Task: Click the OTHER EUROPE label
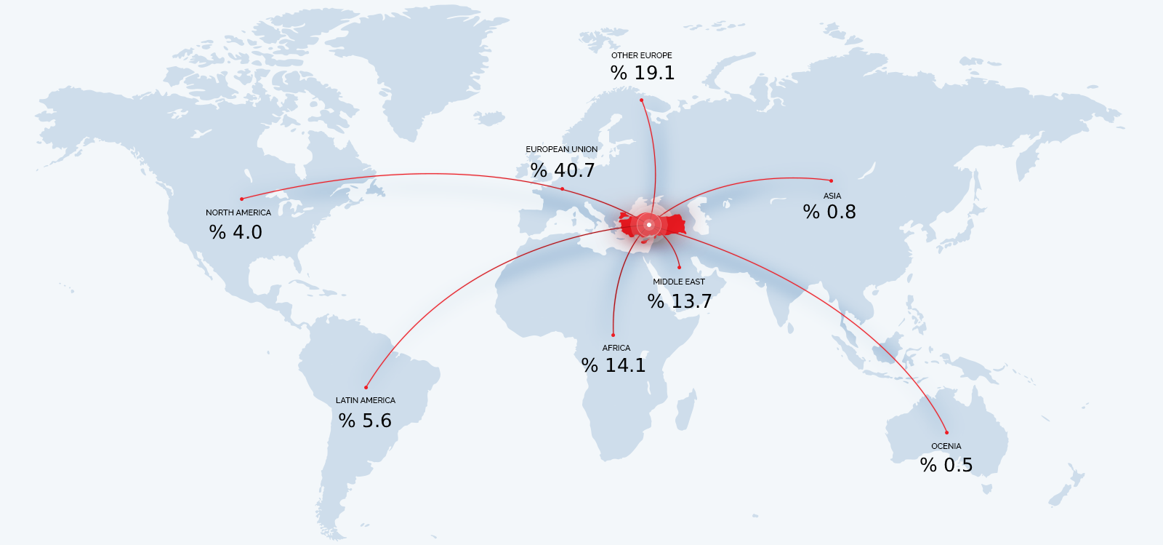point(641,55)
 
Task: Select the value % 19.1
point(643,73)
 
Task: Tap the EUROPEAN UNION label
point(561,149)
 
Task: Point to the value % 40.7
point(563,170)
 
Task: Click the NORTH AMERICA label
point(238,212)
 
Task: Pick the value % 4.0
point(236,232)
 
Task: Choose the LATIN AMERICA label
point(365,400)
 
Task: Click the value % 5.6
point(365,421)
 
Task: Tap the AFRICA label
point(616,348)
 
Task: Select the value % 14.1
point(613,365)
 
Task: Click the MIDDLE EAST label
point(678,282)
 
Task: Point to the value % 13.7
point(680,301)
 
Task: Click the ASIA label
point(832,196)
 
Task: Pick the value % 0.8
point(829,212)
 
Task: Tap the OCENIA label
point(946,446)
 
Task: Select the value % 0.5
point(946,465)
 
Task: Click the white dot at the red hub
point(649,225)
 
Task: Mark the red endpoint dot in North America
point(242,199)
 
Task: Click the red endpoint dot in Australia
point(946,432)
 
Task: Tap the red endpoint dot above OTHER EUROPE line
point(641,100)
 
